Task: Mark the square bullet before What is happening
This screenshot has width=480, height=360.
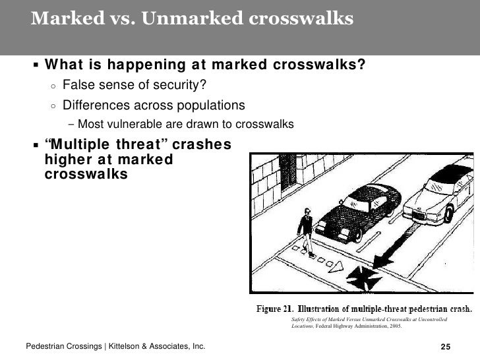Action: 35,66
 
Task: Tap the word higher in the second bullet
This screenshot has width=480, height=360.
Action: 63,160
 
